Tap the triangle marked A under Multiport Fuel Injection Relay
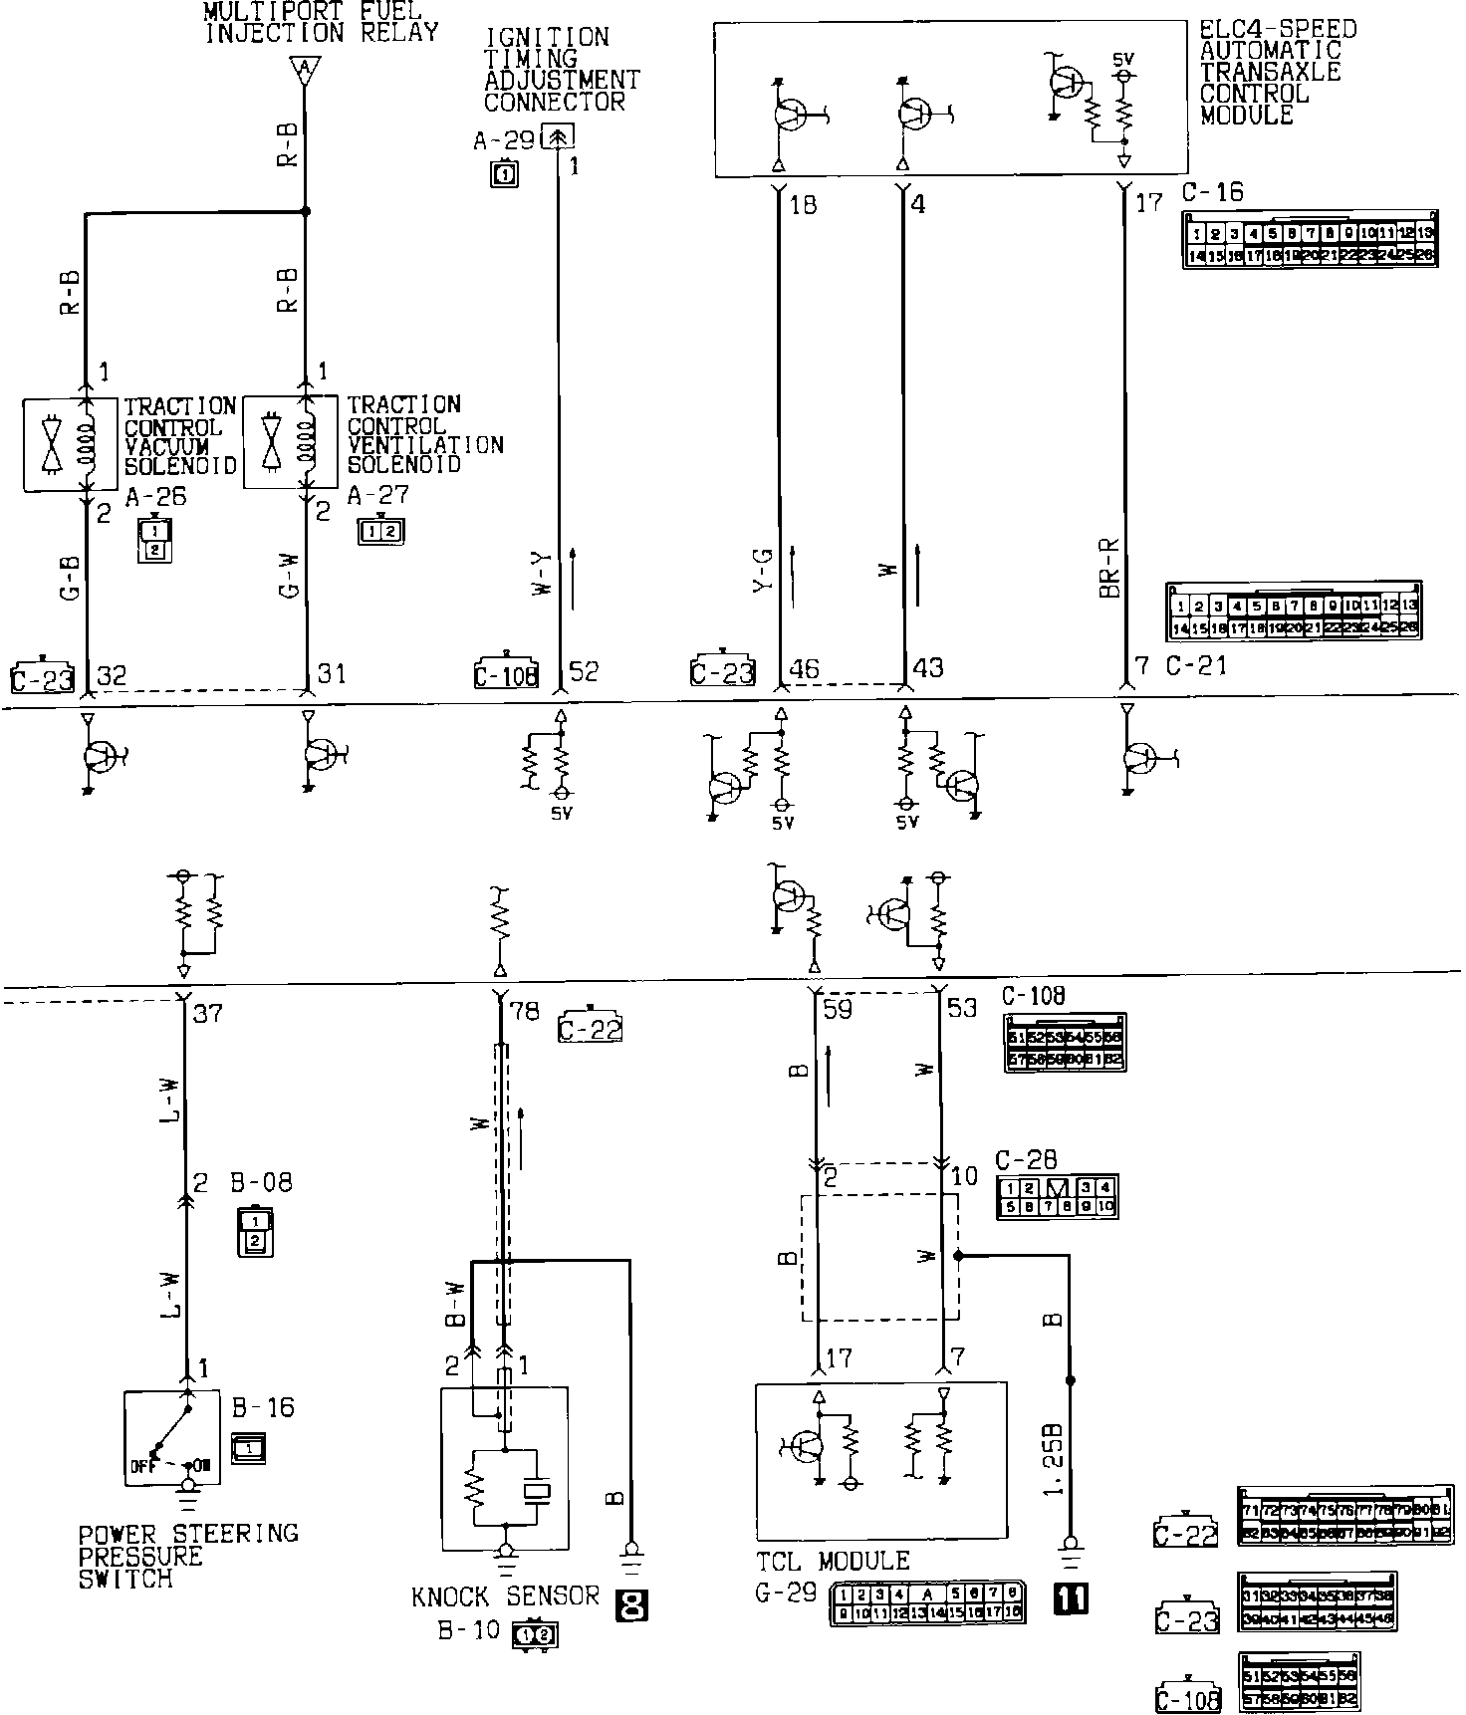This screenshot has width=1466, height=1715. (304, 70)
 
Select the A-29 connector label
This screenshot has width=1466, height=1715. (504, 141)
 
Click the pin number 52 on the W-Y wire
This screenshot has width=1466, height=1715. (584, 672)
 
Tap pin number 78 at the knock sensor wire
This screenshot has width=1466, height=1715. (525, 1013)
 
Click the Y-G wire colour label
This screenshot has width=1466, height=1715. (764, 570)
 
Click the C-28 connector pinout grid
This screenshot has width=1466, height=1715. (1058, 1197)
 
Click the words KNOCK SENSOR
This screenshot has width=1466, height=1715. (506, 1597)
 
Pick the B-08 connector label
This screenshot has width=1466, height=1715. (263, 1183)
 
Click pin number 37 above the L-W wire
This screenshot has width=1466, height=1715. (208, 1014)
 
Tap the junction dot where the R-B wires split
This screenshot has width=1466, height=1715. (305, 212)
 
